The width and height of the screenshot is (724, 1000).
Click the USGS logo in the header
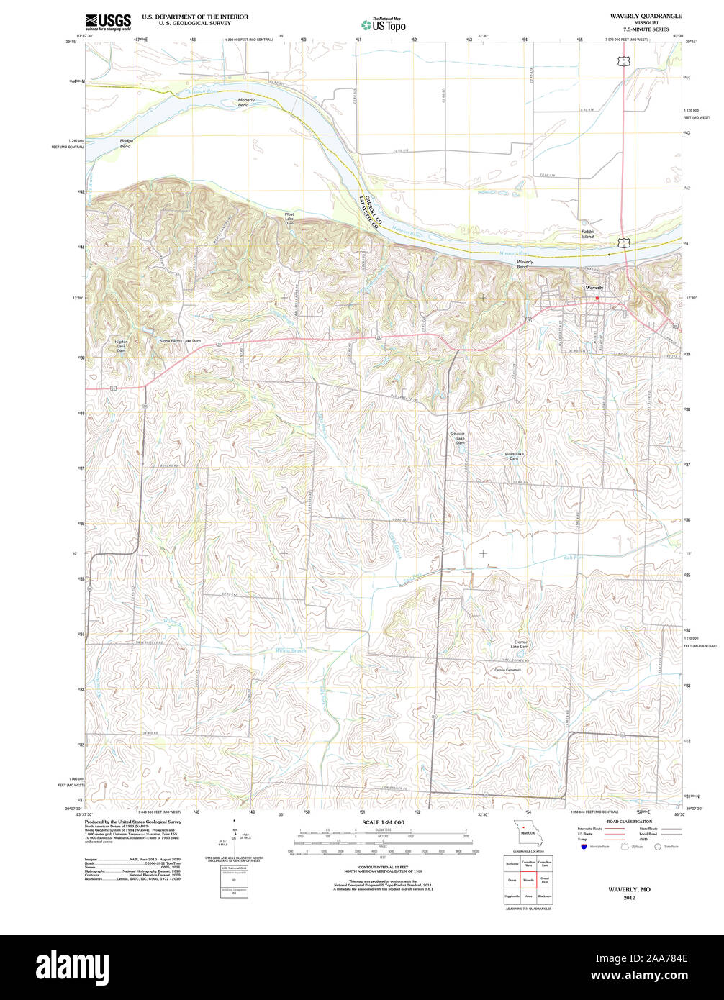coord(109,22)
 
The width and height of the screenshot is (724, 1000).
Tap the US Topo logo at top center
coord(383,24)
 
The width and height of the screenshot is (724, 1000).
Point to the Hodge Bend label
coord(126,144)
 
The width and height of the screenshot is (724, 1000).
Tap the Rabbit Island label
coord(588,234)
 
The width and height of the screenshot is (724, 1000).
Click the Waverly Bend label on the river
coord(525,264)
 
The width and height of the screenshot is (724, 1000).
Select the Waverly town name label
coord(594,287)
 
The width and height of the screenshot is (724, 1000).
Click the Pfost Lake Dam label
coord(289,219)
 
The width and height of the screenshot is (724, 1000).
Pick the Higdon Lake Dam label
coord(121,346)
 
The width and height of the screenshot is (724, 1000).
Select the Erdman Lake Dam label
coord(521,644)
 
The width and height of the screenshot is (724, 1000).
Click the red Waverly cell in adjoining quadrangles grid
coord(528,879)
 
